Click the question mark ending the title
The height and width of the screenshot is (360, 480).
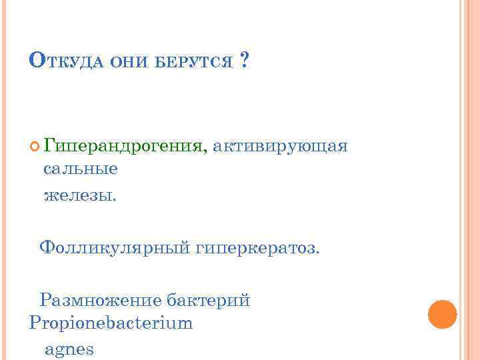point(244,62)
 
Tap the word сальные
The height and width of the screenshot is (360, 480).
point(81,169)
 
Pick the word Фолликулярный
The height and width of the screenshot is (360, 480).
point(115,249)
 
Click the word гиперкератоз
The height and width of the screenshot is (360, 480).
point(256,249)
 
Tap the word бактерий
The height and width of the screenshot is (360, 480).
point(207,300)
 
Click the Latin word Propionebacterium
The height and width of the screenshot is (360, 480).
point(111,323)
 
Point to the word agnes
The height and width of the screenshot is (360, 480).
point(69,349)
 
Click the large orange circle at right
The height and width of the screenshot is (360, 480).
point(442,315)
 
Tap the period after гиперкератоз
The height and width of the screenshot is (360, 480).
point(318,253)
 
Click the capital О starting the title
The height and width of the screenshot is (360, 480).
point(37,61)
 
